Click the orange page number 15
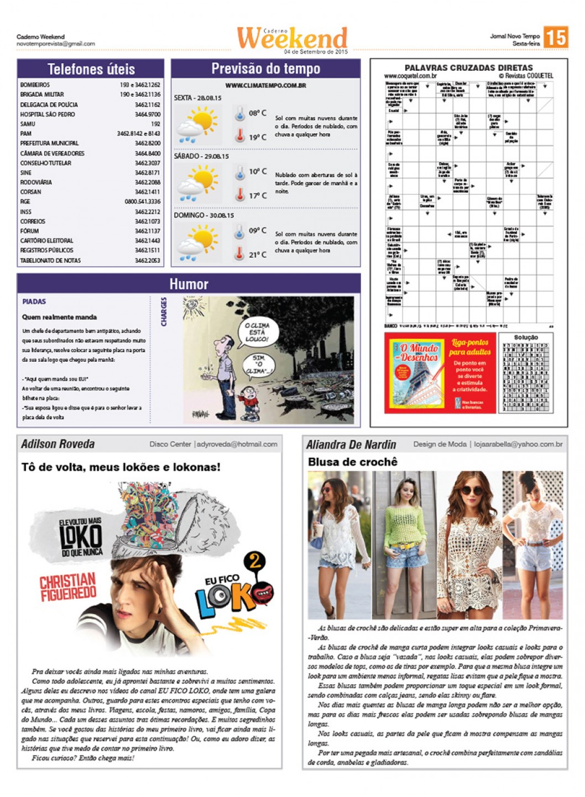pyautogui.click(x=555, y=38)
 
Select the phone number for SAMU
pyautogui.click(x=155, y=124)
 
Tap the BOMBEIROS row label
pyautogui.click(x=35, y=85)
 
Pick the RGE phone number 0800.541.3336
pyautogui.click(x=142, y=202)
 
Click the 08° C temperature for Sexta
pyautogui.click(x=257, y=113)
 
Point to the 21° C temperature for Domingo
pyautogui.click(x=257, y=255)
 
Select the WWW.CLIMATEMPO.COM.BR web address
pyautogui.click(x=265, y=86)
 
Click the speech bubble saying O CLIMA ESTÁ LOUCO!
pyautogui.click(x=257, y=332)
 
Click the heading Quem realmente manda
pyautogui.click(x=59, y=317)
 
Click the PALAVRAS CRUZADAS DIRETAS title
pyautogui.click(x=468, y=67)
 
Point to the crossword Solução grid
pyautogui.click(x=525, y=377)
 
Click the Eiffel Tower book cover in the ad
pyautogui.click(x=417, y=373)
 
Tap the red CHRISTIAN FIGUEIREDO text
pyautogui.click(x=68, y=586)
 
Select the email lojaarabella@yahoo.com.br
pyautogui.click(x=518, y=444)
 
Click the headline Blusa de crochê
pyautogui.click(x=352, y=462)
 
